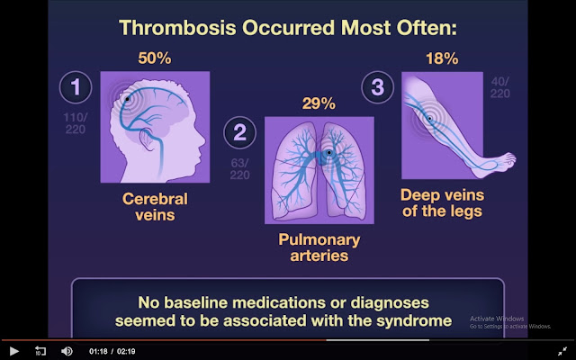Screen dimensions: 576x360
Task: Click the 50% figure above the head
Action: coord(155,58)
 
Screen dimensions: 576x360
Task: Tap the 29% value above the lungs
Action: coord(319,104)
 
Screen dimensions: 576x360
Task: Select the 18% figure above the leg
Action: coord(442,58)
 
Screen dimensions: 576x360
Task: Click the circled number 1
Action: coord(76,87)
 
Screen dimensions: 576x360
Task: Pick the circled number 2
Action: coord(240,132)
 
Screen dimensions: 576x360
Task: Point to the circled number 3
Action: coord(378,87)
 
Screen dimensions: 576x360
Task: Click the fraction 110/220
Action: coord(76,123)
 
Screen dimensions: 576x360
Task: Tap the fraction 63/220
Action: coord(240,168)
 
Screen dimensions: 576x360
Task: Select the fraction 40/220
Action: coord(500,87)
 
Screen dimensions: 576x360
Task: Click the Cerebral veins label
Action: coord(155,207)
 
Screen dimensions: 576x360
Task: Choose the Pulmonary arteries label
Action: coord(319,247)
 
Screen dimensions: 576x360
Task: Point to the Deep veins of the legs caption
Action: coord(442,202)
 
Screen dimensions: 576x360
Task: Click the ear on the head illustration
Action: coord(148,139)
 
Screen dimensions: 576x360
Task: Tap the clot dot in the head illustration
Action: coord(127,99)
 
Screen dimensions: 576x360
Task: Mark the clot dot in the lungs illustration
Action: coord(328,152)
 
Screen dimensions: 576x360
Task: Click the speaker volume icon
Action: coord(67,351)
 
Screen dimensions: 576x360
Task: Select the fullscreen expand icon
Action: coord(562,351)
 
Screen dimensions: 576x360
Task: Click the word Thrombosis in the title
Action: coord(177,28)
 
